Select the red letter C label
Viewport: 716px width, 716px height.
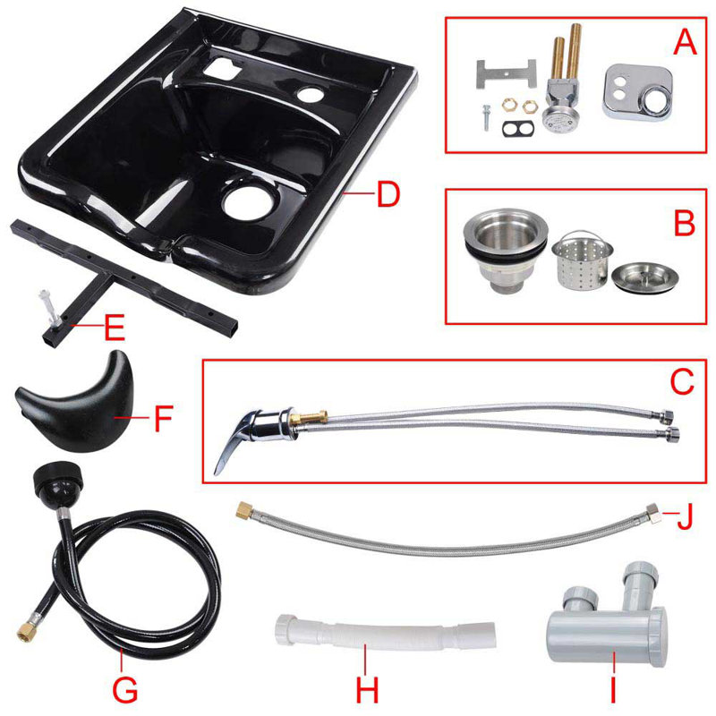click(682, 382)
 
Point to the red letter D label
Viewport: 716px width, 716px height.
click(387, 194)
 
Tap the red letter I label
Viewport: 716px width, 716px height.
click(614, 690)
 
